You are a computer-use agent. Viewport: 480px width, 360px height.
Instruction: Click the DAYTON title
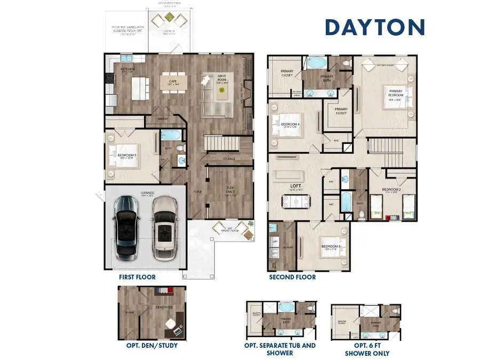(x=375, y=27)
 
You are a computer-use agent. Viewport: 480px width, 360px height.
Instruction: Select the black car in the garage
(x=126, y=224)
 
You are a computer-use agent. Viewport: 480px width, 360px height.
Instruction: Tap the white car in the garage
(x=165, y=225)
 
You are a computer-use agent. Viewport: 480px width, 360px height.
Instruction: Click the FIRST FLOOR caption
(x=138, y=277)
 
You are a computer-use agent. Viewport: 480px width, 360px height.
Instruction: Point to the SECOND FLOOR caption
(x=292, y=277)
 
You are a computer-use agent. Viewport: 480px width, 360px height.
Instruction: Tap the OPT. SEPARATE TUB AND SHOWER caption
(x=280, y=349)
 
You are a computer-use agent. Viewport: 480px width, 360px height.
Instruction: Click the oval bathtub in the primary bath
(x=317, y=62)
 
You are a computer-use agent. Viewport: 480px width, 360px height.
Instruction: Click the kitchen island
(x=138, y=89)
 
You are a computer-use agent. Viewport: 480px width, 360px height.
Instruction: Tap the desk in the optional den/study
(x=172, y=325)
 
